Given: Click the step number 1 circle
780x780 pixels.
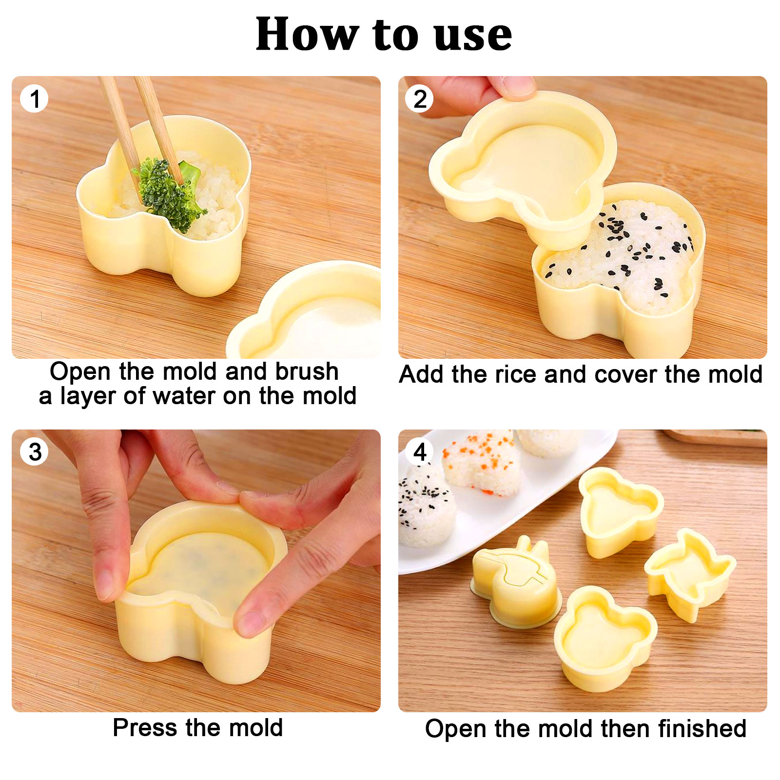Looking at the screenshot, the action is tap(34, 99).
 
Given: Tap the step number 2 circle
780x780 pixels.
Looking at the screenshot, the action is tap(419, 99).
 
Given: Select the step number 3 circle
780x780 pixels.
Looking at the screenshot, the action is tap(34, 451).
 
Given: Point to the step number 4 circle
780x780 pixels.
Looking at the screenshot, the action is tap(419, 451).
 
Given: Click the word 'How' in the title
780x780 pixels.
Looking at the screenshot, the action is tap(307, 34).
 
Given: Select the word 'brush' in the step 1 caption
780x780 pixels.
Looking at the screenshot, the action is tap(307, 371).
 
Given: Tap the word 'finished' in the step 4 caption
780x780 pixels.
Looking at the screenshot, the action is tap(702, 729).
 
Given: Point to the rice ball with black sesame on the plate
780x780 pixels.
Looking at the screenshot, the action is tap(425, 507).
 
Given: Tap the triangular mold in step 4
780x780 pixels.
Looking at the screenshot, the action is tap(621, 512).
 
